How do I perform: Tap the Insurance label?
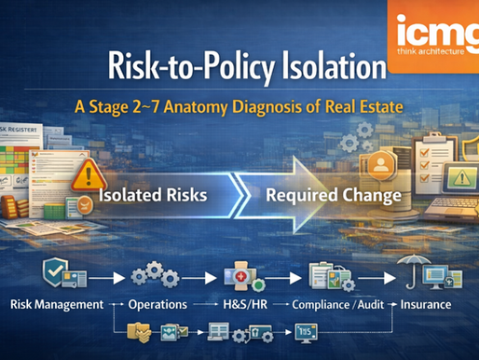[427, 304]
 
